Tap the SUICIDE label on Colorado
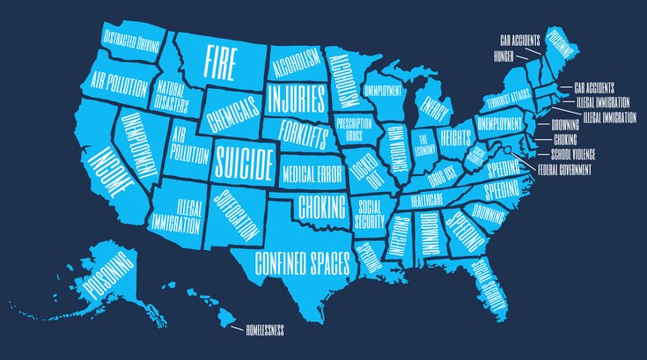[241, 160]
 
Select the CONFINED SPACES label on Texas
[303, 261]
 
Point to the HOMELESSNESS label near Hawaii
[264, 330]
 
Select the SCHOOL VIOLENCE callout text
[566, 152]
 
